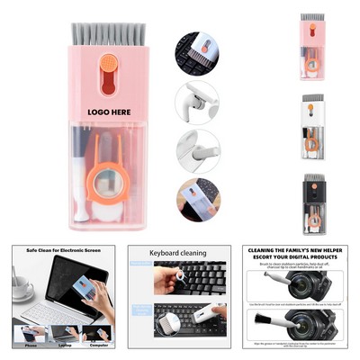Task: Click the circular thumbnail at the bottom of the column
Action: [196, 200]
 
